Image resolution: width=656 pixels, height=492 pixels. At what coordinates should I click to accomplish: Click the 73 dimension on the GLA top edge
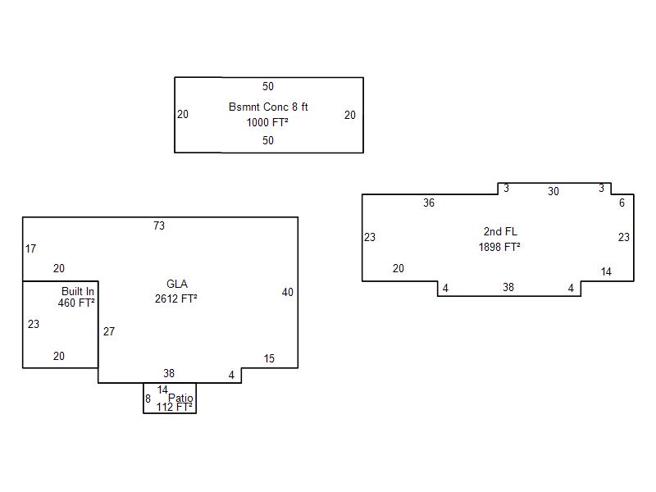159,226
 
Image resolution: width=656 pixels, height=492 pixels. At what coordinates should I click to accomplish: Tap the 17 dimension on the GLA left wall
30,249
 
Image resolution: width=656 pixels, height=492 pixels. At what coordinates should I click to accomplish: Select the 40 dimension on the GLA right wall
288,293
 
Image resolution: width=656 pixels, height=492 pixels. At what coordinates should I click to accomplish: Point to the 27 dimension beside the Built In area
109,332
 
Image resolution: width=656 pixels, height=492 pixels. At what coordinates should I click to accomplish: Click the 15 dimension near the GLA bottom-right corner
269,358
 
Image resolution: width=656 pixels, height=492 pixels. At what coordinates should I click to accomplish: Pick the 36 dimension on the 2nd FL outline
429,203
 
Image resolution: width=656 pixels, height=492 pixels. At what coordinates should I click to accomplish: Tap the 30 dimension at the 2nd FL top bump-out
553,192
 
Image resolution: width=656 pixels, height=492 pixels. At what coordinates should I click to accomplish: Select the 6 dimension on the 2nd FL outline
622,203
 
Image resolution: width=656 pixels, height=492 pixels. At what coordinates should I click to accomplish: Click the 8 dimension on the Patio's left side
148,399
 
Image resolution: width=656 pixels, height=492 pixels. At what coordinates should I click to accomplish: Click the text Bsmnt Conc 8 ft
268,107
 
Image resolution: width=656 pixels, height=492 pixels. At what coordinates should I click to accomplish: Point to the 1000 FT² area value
267,122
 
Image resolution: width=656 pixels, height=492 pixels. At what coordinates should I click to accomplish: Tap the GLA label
177,284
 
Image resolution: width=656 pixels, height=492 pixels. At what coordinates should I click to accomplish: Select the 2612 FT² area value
176,298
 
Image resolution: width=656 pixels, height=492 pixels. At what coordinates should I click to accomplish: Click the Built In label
78,291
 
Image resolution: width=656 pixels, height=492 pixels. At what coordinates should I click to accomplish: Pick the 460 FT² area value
76,303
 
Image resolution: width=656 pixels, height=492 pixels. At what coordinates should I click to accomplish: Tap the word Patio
180,398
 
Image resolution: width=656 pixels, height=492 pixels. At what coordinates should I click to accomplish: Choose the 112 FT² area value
175,407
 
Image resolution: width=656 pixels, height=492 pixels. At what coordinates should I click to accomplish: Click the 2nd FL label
500,231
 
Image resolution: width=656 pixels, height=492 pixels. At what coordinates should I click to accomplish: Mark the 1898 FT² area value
499,247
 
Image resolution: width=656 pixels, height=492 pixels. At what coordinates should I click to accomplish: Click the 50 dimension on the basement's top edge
268,87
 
